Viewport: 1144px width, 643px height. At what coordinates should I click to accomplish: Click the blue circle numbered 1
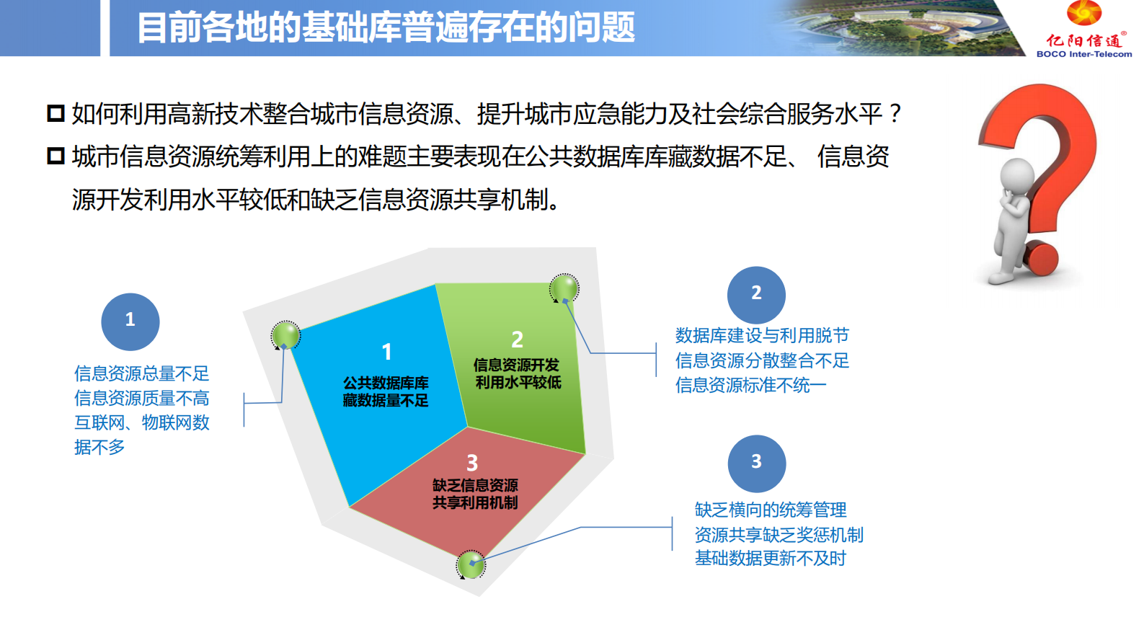[130, 321]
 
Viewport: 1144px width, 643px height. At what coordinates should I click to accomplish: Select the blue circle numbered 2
[756, 294]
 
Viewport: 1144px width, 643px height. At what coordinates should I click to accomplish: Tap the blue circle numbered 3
[756, 463]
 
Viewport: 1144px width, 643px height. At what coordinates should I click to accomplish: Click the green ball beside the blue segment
[285, 335]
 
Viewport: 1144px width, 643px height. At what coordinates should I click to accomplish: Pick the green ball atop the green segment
[564, 288]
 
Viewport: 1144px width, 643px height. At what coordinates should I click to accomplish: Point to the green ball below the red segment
[471, 565]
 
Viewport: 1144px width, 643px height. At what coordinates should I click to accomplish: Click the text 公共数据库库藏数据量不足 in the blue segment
[386, 391]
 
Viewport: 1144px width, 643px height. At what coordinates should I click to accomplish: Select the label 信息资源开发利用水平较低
[517, 373]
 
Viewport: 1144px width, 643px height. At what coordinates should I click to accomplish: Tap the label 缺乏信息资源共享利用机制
[475, 494]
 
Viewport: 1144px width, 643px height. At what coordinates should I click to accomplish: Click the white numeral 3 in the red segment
[472, 463]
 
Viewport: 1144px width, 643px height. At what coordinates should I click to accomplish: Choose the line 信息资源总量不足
[141, 373]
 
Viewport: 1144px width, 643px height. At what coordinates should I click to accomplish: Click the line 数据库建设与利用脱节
[762, 335]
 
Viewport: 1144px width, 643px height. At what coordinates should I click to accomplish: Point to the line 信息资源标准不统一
[750, 385]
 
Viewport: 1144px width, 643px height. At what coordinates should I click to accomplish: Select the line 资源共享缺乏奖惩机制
[779, 534]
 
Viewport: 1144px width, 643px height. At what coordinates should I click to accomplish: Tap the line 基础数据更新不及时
[770, 558]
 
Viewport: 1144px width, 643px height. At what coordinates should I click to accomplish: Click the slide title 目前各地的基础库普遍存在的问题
[386, 28]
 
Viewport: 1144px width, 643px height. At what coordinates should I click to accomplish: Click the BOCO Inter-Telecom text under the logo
[1083, 54]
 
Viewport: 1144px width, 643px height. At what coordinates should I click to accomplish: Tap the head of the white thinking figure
[1016, 174]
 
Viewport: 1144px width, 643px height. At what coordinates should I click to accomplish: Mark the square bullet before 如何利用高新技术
[56, 114]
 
